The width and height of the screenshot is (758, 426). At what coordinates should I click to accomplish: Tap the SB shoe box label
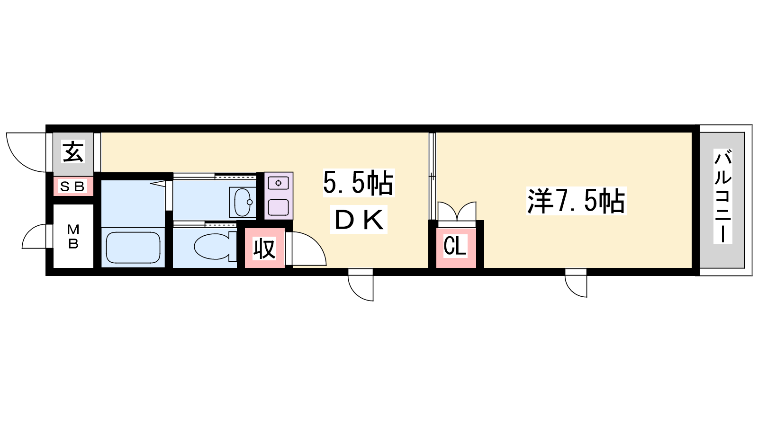click(x=72, y=186)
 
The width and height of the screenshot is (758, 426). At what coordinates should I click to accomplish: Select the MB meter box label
click(x=73, y=236)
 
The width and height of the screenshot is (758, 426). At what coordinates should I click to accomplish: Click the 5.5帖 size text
click(x=359, y=183)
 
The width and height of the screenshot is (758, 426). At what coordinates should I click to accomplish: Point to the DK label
click(x=359, y=220)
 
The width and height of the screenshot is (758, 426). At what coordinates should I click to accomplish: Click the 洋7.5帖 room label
click(x=576, y=201)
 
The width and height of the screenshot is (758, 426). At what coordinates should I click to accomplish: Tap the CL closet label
click(x=455, y=246)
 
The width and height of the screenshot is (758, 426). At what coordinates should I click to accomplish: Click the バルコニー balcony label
click(x=723, y=196)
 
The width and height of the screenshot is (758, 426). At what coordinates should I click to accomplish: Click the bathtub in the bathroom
click(x=133, y=248)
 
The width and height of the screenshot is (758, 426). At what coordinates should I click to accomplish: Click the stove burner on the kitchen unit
click(x=278, y=183)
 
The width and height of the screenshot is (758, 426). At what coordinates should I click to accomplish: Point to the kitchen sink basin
click(x=278, y=207)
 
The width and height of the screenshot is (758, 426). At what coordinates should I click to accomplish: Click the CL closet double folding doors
click(x=457, y=211)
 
